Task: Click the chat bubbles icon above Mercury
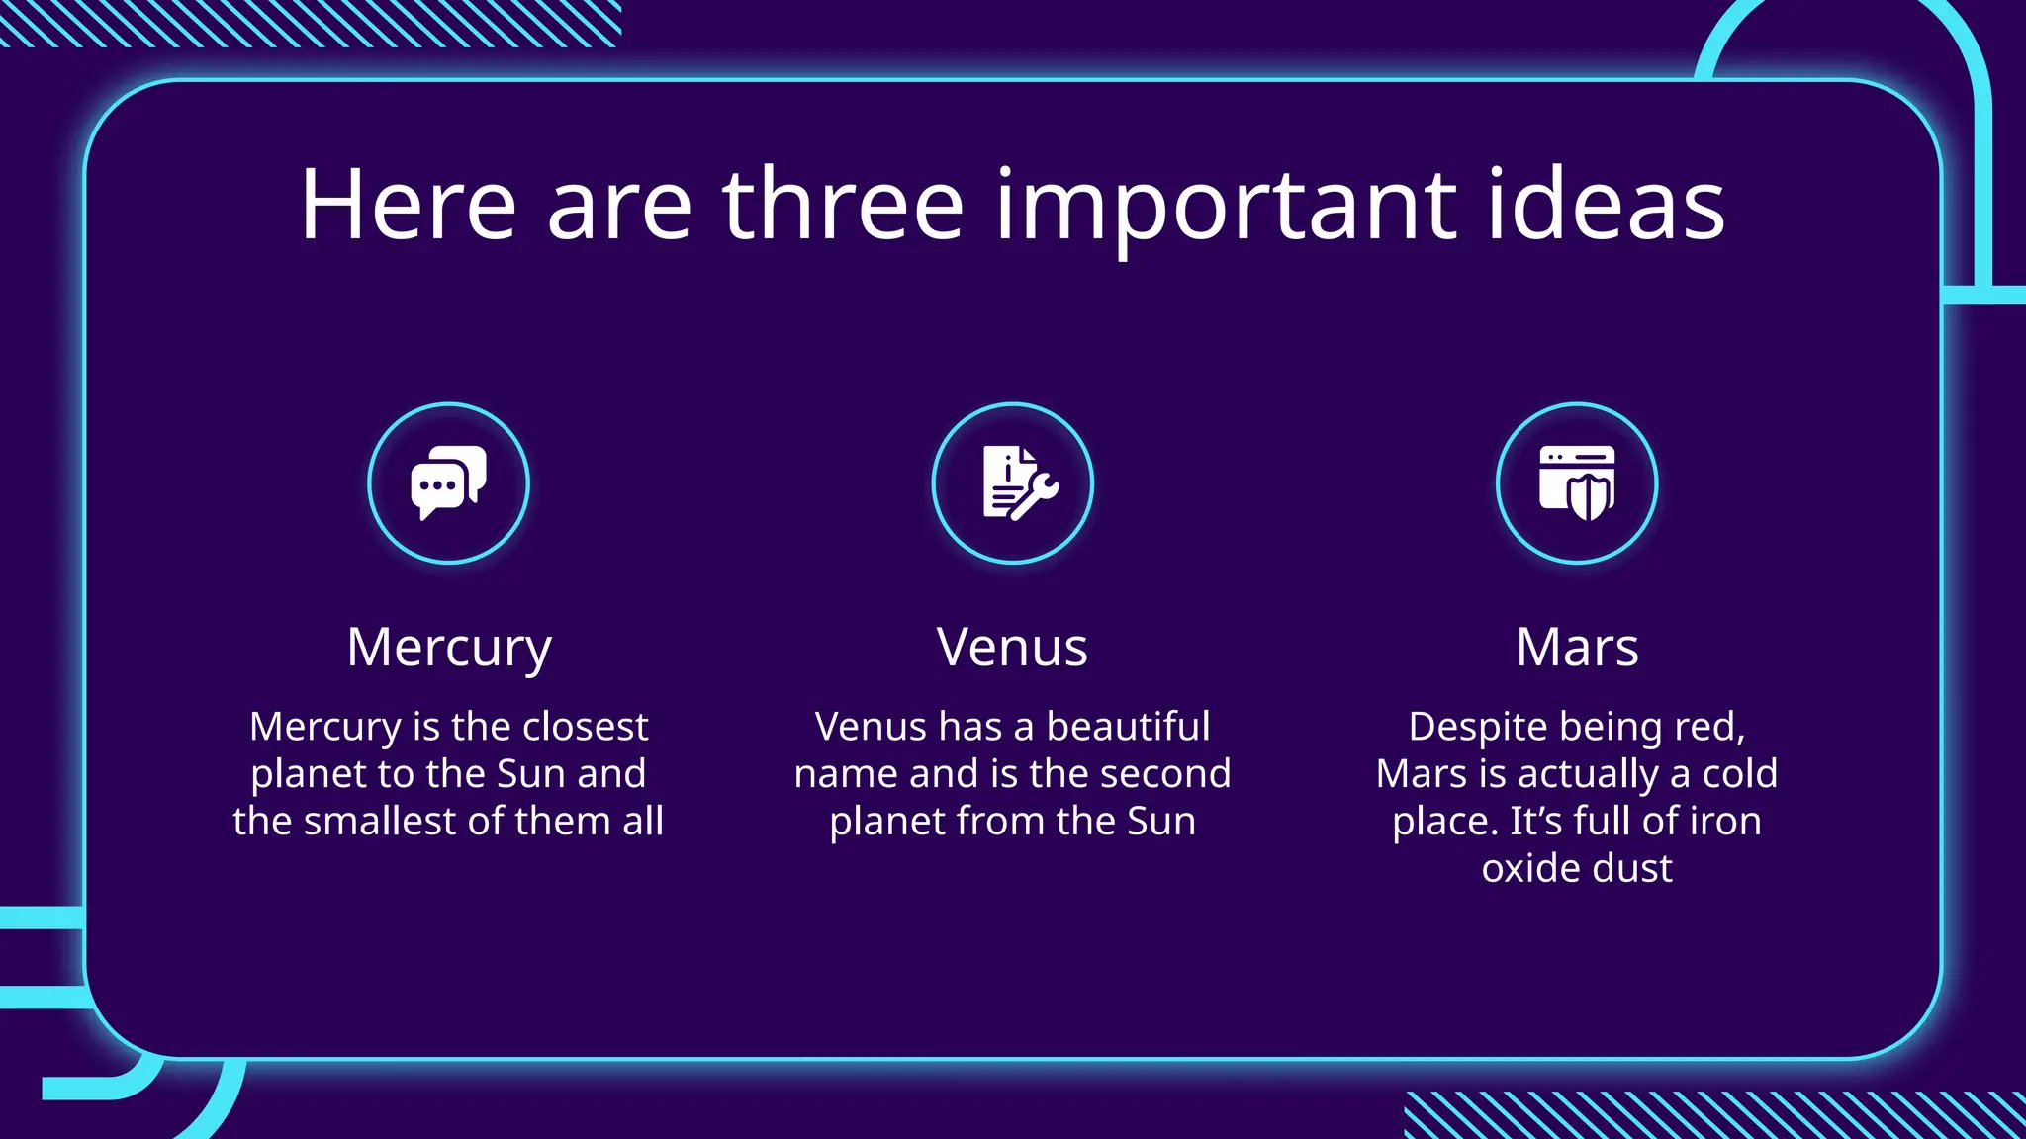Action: (x=448, y=482)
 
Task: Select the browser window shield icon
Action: (x=1577, y=482)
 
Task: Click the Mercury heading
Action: (x=448, y=649)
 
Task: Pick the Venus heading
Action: (x=1012, y=649)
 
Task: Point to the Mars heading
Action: (x=1577, y=649)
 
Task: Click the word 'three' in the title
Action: (x=843, y=205)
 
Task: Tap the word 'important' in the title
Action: (x=1226, y=205)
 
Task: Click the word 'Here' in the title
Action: (x=408, y=205)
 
